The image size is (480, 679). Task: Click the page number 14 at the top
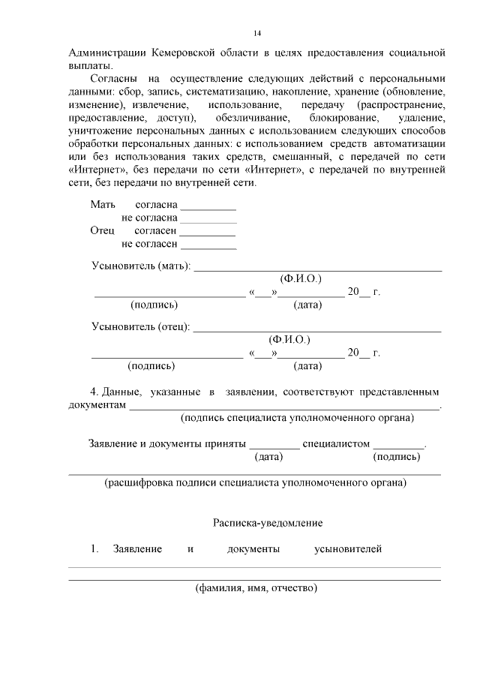tap(257, 33)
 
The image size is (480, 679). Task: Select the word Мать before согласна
tap(103, 204)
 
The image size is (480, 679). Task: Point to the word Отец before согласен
tap(103, 231)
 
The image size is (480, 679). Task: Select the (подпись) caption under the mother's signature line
tap(154, 305)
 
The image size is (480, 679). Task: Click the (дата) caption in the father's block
tap(307, 366)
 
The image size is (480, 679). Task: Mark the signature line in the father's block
tap(167, 354)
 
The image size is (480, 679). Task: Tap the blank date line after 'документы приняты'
tap(274, 444)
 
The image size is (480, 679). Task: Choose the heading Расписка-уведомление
tap(268, 521)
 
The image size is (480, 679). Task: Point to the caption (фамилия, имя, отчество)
tap(256, 588)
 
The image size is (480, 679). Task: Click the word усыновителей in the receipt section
tap(348, 549)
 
